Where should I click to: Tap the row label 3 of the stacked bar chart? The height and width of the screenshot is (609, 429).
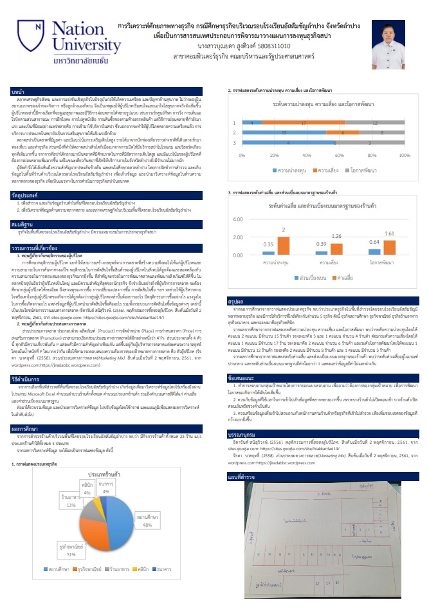235,142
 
